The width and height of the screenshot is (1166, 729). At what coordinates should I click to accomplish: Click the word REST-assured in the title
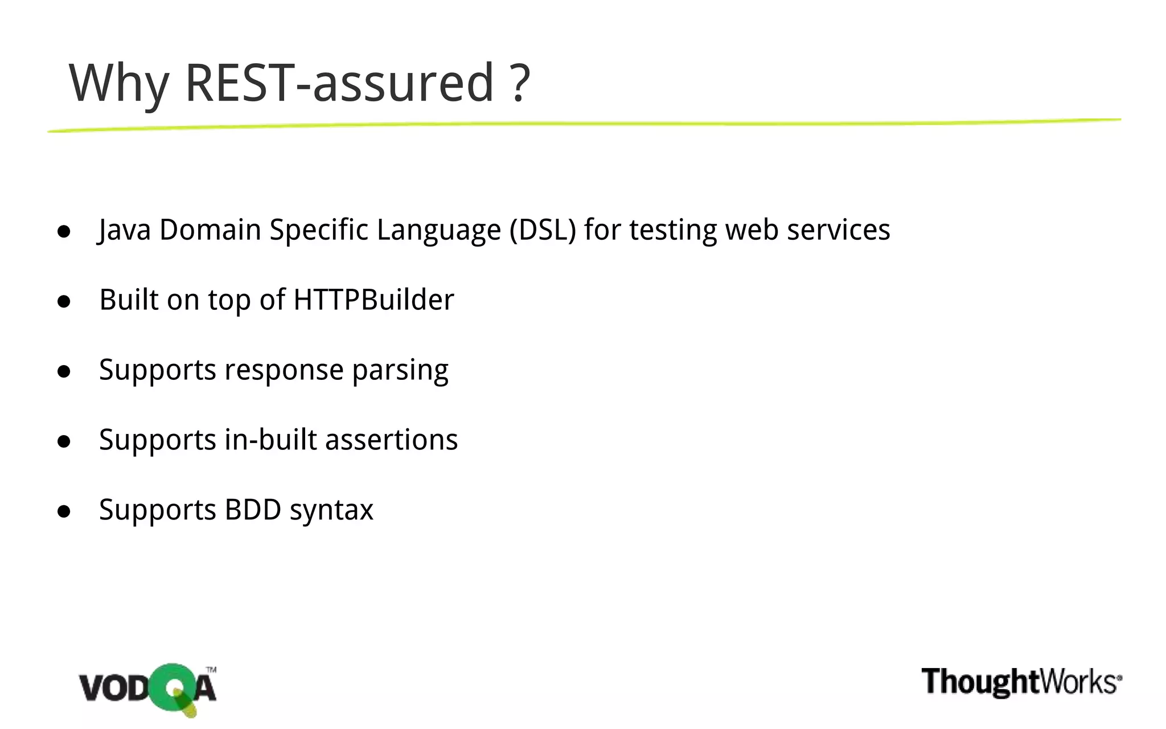coord(339,83)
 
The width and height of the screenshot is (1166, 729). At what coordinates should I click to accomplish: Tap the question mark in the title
coord(519,83)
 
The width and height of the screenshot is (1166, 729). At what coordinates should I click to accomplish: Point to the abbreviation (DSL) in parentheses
coord(543,230)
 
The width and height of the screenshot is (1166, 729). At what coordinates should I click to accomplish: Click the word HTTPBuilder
coord(373,300)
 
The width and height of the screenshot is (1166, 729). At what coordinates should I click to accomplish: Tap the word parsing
coord(400,370)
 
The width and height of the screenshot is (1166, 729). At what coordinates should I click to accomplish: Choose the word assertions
coord(391,440)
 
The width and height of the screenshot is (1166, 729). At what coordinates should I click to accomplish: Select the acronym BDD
coord(253,510)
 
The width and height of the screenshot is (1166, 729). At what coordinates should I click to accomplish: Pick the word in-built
coord(270,440)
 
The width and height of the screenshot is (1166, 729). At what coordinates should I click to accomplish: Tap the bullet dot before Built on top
coord(64,301)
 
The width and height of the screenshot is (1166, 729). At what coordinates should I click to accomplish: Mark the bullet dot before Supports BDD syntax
coord(64,511)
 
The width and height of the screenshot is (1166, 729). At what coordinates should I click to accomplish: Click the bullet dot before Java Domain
coord(64,231)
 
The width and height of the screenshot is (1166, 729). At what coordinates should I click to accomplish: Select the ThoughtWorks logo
coord(1021,682)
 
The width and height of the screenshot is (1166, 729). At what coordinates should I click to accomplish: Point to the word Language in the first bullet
coord(438,231)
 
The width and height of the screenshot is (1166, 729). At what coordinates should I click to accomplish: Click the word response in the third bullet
coord(284,370)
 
